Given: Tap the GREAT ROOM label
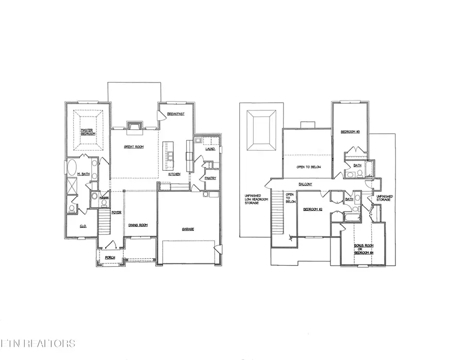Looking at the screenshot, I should click(x=134, y=147).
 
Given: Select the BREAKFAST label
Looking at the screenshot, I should click(x=176, y=113).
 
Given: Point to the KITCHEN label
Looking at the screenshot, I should click(x=174, y=174).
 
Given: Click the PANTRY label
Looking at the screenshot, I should click(x=210, y=178).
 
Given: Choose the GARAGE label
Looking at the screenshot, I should click(x=187, y=229).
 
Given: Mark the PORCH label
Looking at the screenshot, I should click(x=110, y=257).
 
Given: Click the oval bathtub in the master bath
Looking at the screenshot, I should click(x=73, y=169).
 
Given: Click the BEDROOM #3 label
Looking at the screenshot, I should click(x=350, y=133).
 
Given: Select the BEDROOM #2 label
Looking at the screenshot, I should click(x=312, y=209).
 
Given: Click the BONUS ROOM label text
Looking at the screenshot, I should click(x=362, y=247).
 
